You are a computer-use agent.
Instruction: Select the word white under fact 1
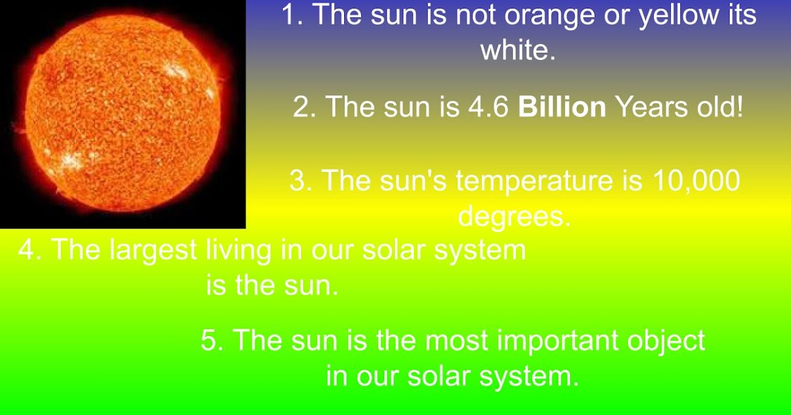tap(517, 51)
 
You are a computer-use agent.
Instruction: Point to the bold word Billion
tap(562, 107)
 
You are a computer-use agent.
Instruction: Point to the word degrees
tap(513, 217)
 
